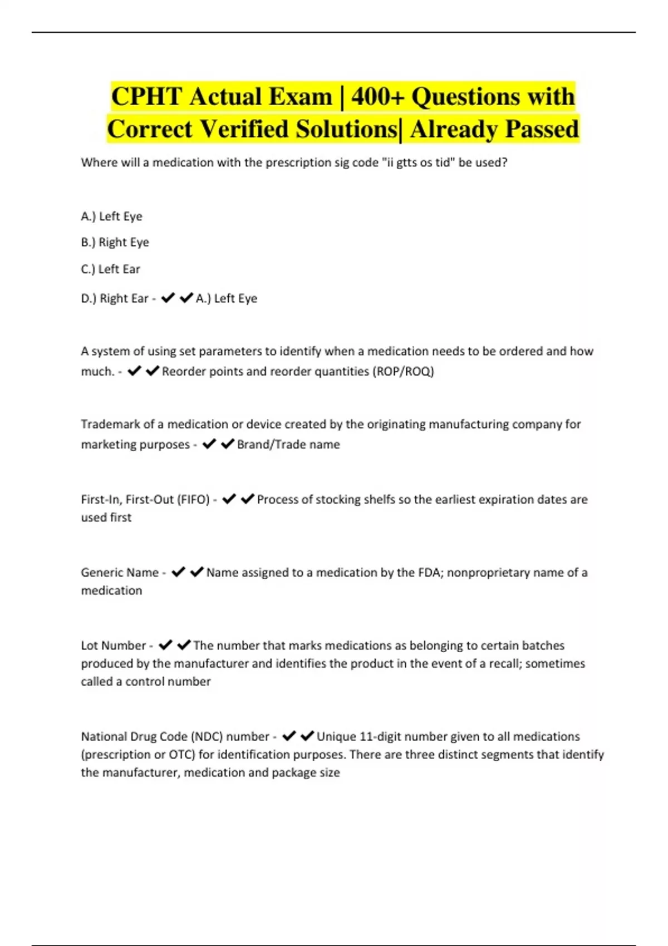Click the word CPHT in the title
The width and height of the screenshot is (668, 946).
[146, 97]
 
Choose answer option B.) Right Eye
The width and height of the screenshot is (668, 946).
[115, 243]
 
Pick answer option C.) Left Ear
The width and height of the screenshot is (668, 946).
[111, 269]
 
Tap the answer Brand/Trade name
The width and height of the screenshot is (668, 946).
[288, 445]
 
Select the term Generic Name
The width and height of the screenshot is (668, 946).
[120, 573]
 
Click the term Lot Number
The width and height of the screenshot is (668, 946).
[114, 646]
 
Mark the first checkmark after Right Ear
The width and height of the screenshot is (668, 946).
[168, 298]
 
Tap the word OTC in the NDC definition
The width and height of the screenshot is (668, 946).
[181, 755]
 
